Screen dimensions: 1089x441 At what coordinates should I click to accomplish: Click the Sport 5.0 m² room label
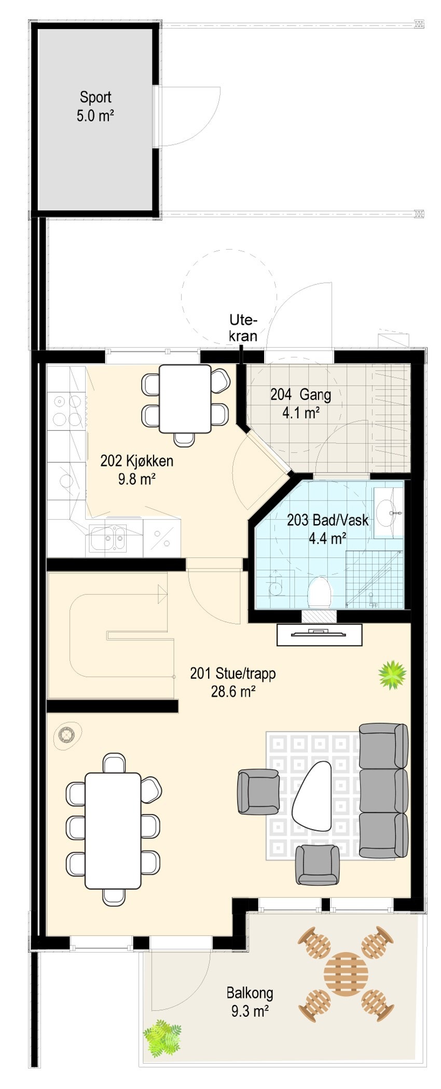pyautogui.click(x=95, y=106)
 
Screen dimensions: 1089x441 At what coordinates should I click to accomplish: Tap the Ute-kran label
pyautogui.click(x=243, y=328)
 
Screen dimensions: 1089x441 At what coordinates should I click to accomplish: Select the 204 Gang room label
pyautogui.click(x=300, y=403)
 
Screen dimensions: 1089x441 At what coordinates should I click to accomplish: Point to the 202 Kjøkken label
pyautogui.click(x=136, y=469)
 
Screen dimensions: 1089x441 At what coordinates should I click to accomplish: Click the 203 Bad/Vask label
pyautogui.click(x=327, y=528)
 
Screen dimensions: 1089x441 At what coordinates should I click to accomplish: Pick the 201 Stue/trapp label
pyautogui.click(x=232, y=682)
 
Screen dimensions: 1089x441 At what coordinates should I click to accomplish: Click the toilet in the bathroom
pyautogui.click(x=319, y=592)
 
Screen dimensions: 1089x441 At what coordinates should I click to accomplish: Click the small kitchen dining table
pyautogui.click(x=185, y=398)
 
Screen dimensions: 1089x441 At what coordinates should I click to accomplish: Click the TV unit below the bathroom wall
pyautogui.click(x=319, y=634)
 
